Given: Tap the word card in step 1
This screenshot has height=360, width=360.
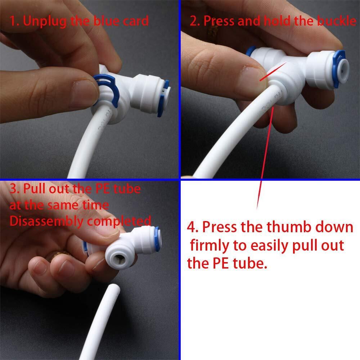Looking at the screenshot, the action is [136, 21].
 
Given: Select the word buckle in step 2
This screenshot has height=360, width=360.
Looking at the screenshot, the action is [337, 21].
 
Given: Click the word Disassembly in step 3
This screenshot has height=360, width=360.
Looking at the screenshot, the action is [46, 221].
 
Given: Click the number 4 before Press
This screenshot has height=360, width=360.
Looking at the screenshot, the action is [191, 227].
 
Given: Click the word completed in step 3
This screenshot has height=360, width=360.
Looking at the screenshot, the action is [119, 221].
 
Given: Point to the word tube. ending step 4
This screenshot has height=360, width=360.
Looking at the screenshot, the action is [250, 263].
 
